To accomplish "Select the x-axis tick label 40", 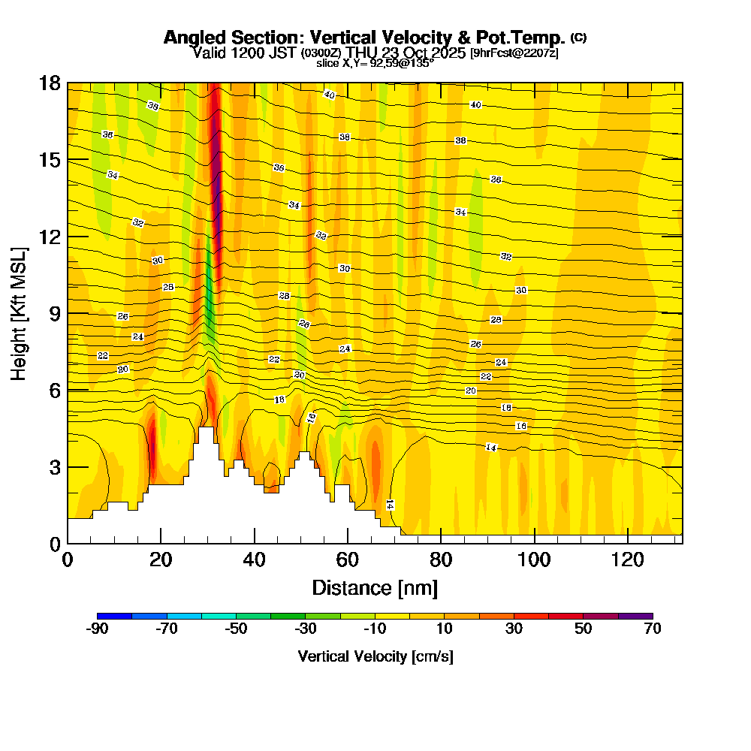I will [x=254, y=560].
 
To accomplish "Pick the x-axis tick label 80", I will [x=440, y=560].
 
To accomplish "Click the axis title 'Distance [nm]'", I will [x=375, y=587].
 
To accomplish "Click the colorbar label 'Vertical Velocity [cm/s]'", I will [x=375, y=656].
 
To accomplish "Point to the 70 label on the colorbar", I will [x=653, y=629].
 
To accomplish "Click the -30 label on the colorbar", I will [x=306, y=629].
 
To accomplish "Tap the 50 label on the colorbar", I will [x=584, y=629].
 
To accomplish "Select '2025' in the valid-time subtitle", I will [x=447, y=53].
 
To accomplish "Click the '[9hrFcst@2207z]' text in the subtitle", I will [x=514, y=53].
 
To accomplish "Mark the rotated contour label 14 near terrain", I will [x=390, y=505].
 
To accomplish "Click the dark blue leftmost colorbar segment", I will [x=115, y=616].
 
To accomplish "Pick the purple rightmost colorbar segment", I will [x=635, y=616].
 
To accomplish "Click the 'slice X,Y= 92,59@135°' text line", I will [x=375, y=64].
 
